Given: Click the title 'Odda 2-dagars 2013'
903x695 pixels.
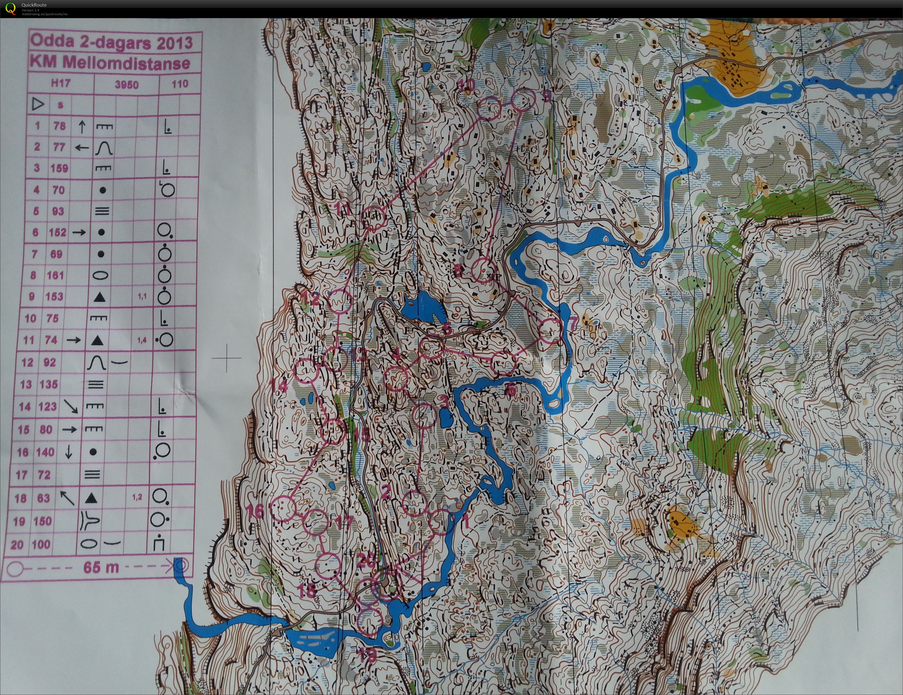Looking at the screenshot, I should click(112, 42).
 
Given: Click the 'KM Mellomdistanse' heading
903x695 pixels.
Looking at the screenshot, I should click(110, 63).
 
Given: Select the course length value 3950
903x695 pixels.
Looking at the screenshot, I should click(127, 85).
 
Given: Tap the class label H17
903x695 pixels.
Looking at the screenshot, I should click(60, 83).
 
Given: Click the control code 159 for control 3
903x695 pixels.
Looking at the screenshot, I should click(59, 168).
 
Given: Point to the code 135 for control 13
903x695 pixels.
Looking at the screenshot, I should click(48, 384).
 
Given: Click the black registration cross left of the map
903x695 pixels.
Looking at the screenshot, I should click(226, 358).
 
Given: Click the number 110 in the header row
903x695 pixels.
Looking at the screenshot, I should click(180, 84).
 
